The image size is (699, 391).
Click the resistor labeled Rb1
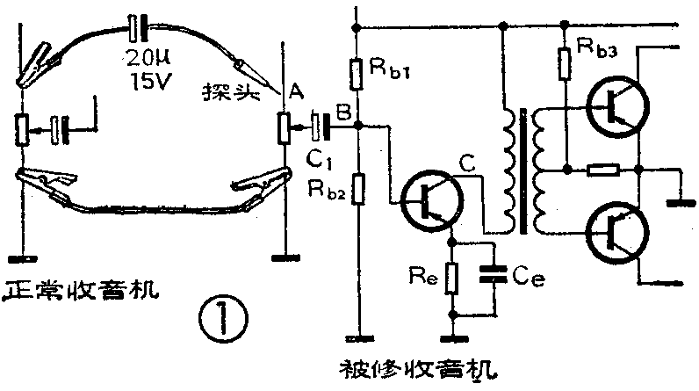coord(355,74)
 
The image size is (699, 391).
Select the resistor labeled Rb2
coord(355,188)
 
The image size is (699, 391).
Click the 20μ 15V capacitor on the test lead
coord(136,30)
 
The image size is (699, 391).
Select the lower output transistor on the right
coord(616,232)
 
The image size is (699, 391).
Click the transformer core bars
coord(524,170)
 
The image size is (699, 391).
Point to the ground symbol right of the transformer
coord(679,201)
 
